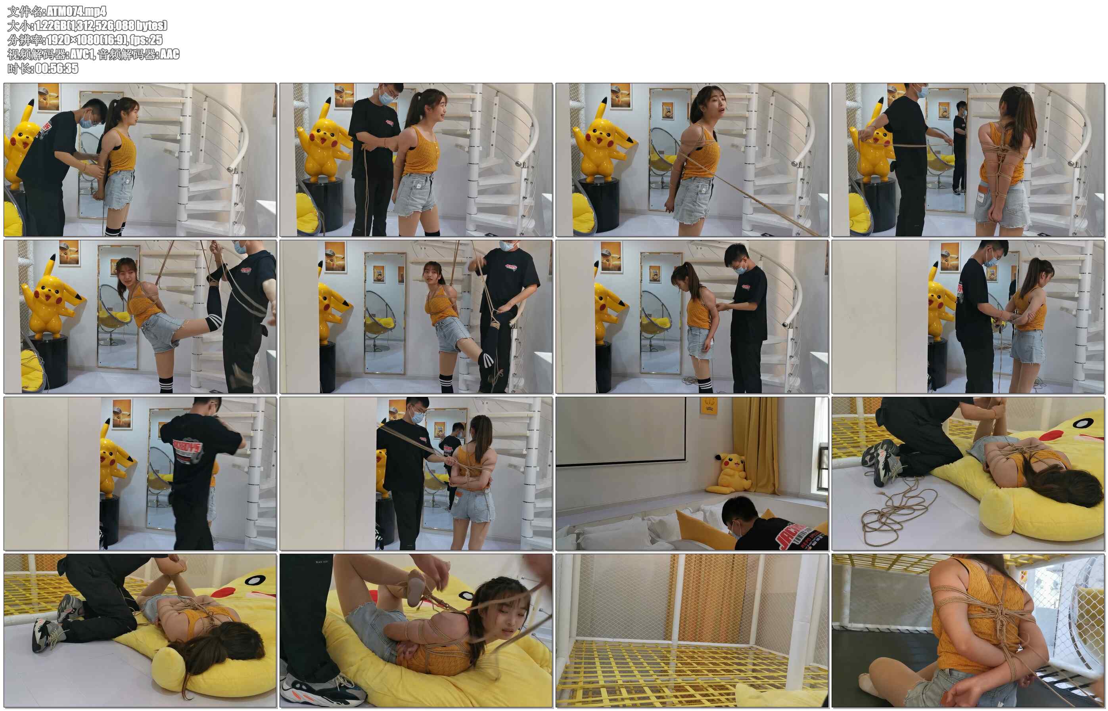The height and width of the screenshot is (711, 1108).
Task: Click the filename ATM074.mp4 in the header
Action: [x=77, y=11]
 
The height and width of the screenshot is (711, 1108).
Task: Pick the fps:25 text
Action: [x=146, y=40]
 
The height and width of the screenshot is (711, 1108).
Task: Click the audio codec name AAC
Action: [x=169, y=54]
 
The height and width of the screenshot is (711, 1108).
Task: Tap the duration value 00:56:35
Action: [x=57, y=68]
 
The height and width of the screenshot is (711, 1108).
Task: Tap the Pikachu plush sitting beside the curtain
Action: [x=732, y=474]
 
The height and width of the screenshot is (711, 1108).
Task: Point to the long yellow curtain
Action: [x=755, y=445]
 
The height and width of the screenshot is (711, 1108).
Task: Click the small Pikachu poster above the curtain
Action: [x=709, y=405]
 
